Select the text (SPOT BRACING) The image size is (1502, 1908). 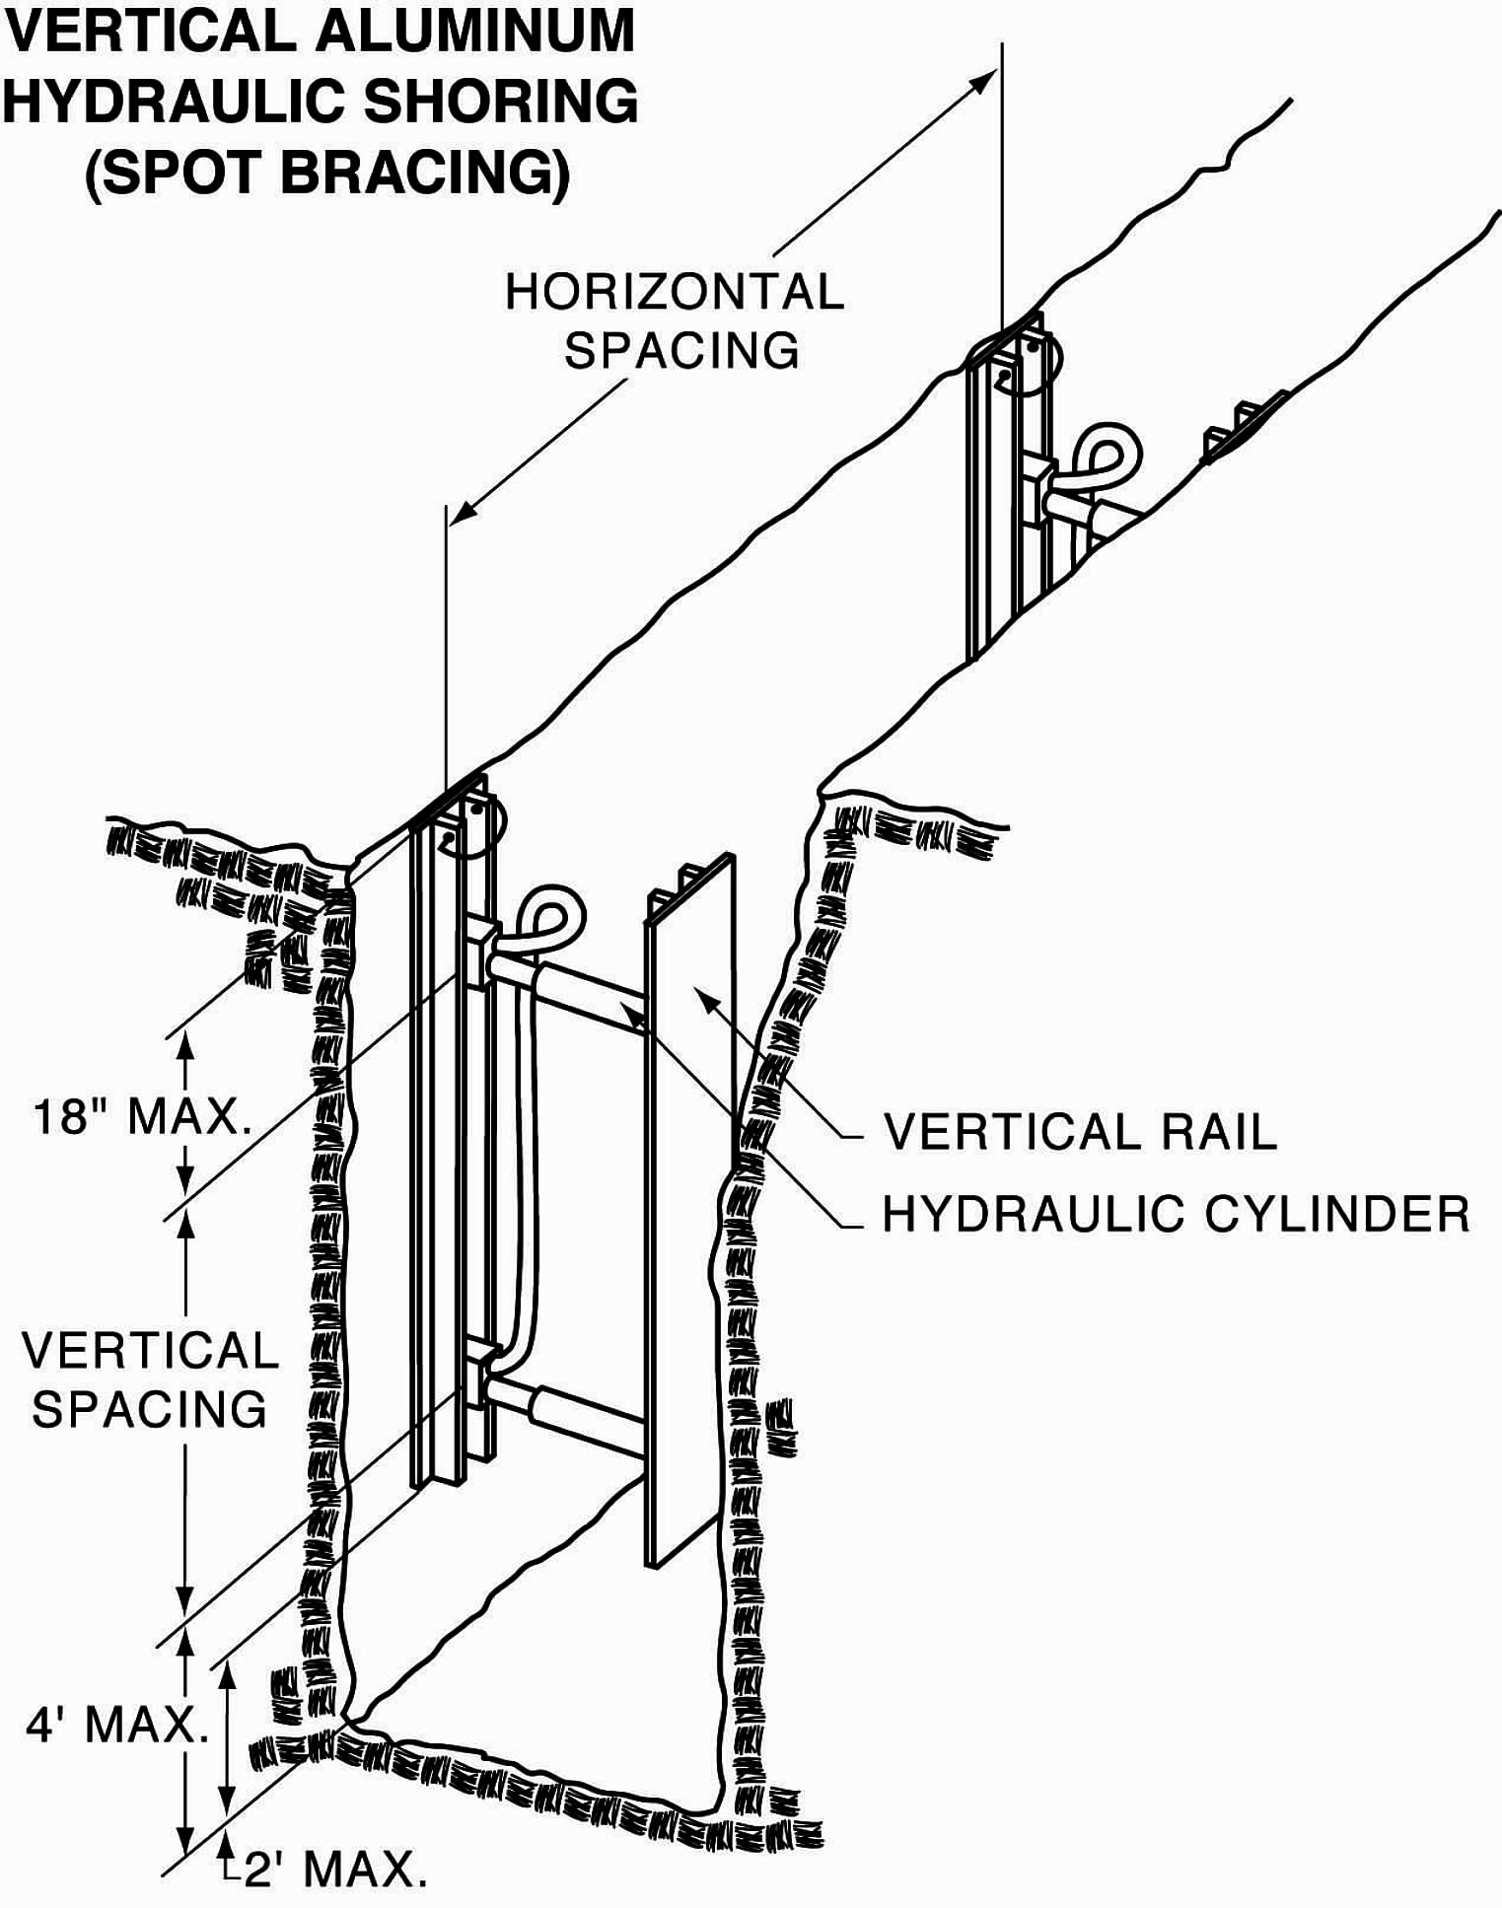click(x=327, y=172)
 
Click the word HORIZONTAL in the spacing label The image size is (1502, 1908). click(x=675, y=292)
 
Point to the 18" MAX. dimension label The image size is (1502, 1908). click(x=143, y=1116)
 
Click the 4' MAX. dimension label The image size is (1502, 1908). click(x=117, y=1725)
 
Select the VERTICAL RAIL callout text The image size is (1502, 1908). click(x=1080, y=1131)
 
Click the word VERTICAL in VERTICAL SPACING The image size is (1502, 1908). click(x=151, y=1350)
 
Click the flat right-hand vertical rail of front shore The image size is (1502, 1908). click(x=690, y=1213)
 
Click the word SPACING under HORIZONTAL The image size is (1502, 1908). click(x=681, y=350)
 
